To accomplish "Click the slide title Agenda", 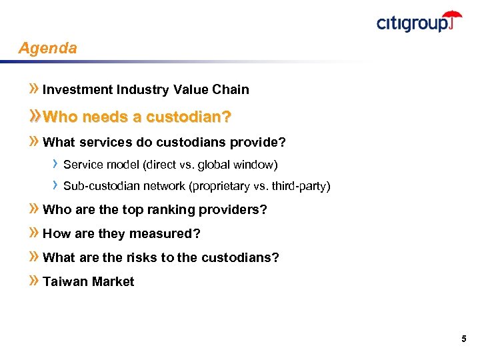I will coord(47,49).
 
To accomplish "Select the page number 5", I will coord(463,339).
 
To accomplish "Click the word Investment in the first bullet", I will coord(77,89).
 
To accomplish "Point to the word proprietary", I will coord(218,186).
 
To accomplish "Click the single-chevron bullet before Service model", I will coord(56,164).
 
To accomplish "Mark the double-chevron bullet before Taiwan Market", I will coord(35,281).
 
